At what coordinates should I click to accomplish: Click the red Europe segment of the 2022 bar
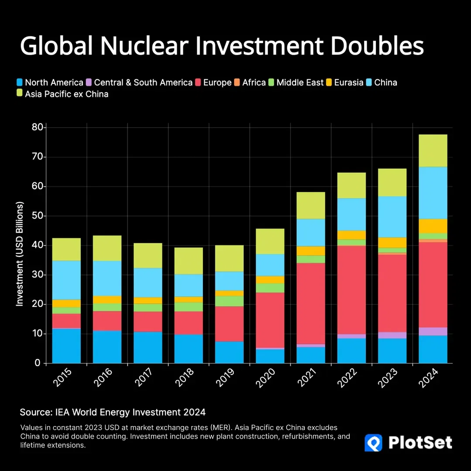(352, 290)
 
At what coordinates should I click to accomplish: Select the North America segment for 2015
(66, 345)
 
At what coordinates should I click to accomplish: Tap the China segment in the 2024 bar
(433, 193)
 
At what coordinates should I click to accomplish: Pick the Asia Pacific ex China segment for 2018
(188, 260)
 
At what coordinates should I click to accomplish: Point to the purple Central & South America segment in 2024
(433, 331)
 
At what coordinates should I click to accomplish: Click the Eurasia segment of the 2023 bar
(392, 242)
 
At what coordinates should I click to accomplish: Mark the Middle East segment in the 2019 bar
(229, 301)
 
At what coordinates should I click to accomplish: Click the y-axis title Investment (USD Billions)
(20, 254)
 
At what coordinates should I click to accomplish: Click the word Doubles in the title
(377, 46)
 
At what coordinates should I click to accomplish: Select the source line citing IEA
(113, 412)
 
